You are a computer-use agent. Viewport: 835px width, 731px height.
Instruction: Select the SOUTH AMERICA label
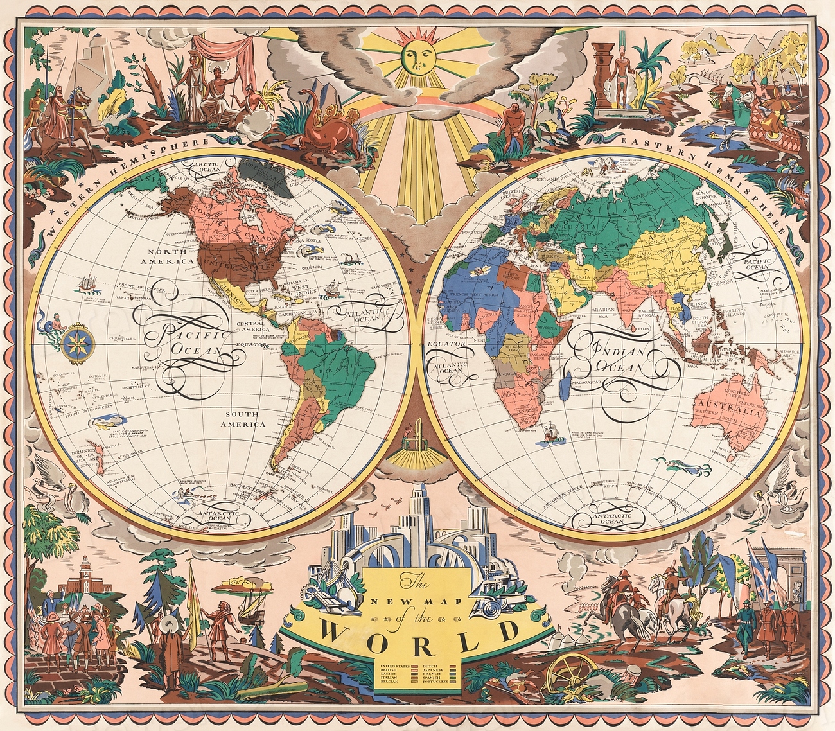pos(241,419)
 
